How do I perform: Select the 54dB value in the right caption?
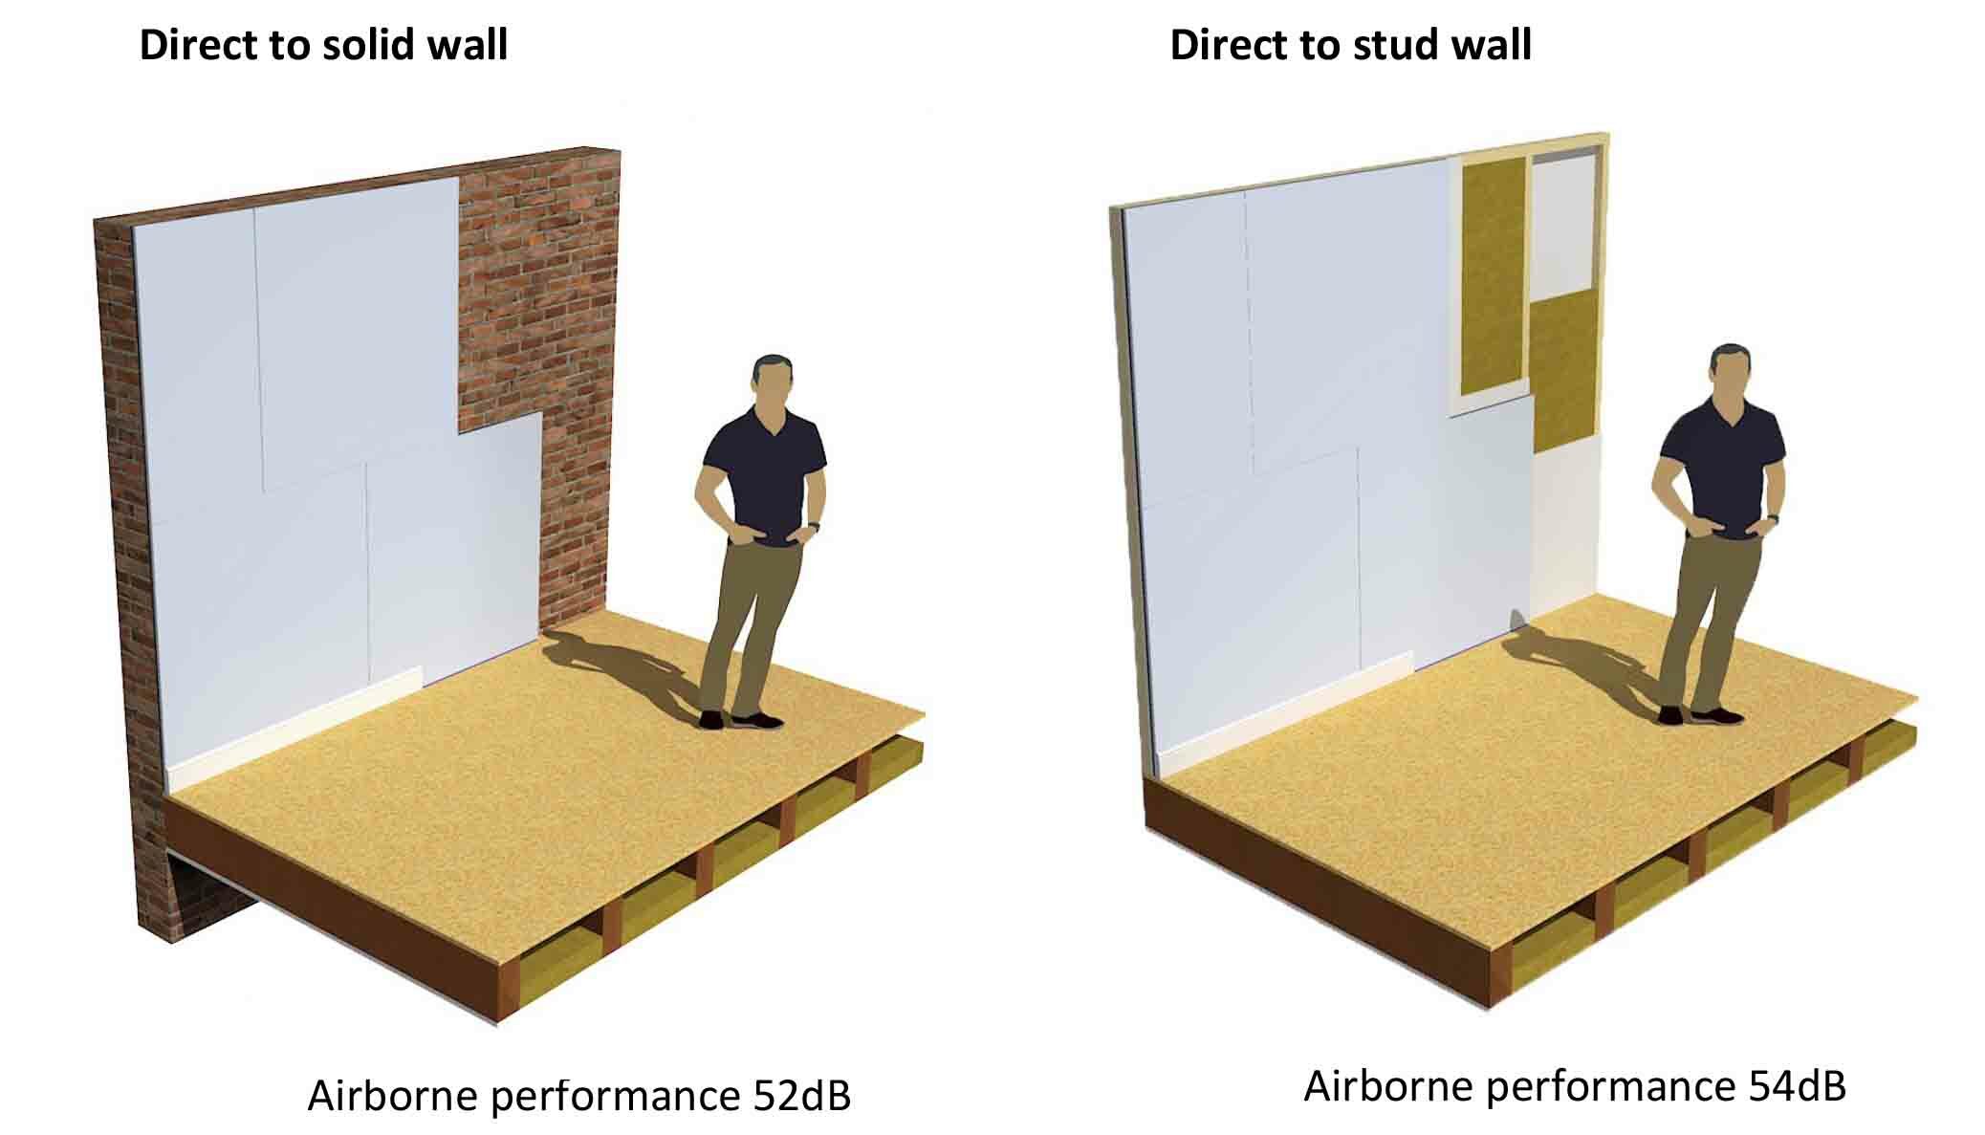tap(1797, 1086)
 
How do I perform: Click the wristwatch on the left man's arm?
tap(814, 526)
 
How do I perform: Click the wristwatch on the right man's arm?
tap(1774, 517)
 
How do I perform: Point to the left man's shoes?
tap(741, 719)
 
